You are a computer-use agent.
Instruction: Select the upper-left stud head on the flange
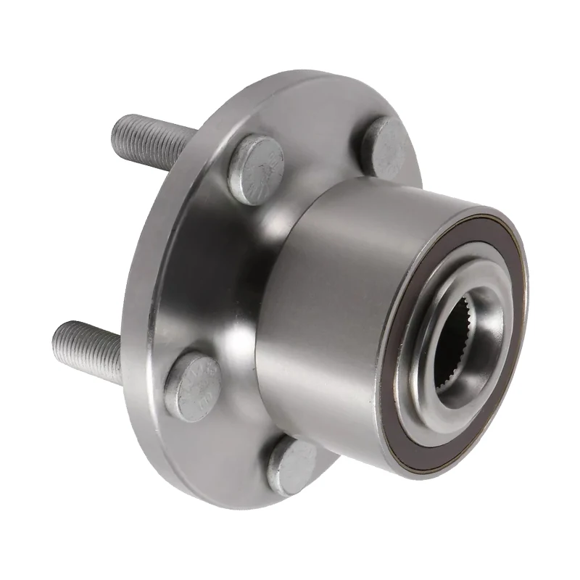256,169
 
